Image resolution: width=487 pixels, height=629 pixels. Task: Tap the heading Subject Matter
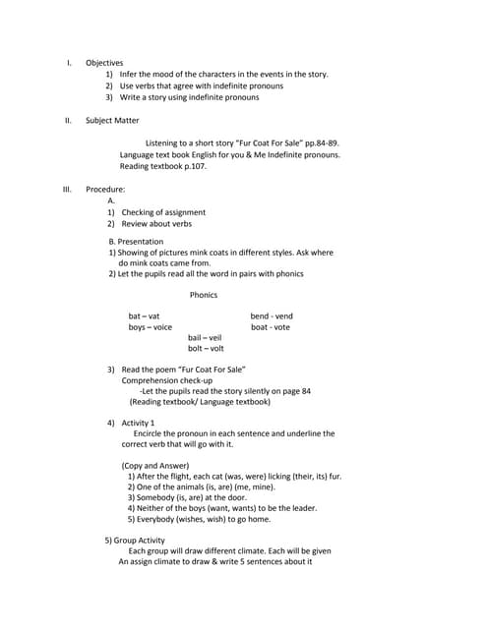tap(112, 120)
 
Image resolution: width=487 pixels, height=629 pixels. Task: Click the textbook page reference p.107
tap(193, 166)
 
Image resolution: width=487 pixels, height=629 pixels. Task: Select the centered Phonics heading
tap(204, 294)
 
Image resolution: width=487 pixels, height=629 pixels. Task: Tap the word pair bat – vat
tap(144, 315)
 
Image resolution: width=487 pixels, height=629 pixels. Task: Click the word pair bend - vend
tap(272, 315)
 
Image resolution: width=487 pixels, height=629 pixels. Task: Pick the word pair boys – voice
tap(150, 327)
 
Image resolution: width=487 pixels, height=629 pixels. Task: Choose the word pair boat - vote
tap(271, 327)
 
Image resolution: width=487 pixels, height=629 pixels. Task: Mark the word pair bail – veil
tap(205, 337)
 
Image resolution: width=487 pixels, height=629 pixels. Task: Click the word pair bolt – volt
tap(206, 348)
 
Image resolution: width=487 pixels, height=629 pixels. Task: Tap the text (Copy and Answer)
tap(154, 465)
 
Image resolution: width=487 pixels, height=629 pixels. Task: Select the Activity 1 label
tap(138, 422)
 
